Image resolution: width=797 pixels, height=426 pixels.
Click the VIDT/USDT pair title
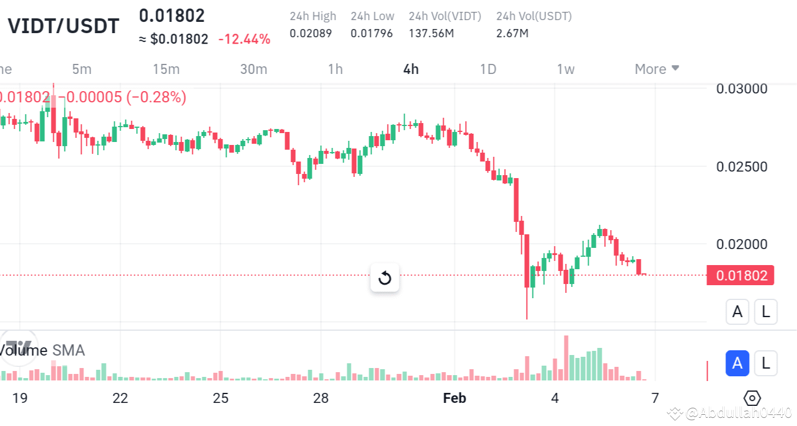pos(63,26)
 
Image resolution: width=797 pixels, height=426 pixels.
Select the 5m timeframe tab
pos(82,69)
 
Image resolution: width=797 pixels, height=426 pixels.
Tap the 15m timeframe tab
pos(166,69)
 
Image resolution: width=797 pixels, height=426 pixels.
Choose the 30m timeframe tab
pos(253,69)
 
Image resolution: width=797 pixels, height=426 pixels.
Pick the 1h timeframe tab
pos(335,69)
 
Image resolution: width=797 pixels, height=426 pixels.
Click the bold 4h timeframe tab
pos(411,69)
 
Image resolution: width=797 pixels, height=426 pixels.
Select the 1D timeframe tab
pos(488,69)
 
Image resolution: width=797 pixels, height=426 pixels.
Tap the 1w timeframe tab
pos(566,69)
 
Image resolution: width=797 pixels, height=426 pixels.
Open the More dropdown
pos(657,69)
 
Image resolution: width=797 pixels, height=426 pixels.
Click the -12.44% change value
pos(244,40)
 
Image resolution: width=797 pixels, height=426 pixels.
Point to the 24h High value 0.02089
pos(311,34)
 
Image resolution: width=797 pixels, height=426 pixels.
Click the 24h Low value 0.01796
pos(372,34)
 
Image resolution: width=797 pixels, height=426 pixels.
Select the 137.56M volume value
pos(431,34)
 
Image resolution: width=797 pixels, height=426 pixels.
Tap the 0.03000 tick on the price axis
pos(741,89)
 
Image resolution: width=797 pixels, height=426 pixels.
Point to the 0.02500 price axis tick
pos(741,167)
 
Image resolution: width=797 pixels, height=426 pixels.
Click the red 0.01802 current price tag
pos(741,275)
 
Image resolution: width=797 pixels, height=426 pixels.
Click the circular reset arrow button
pos(385,277)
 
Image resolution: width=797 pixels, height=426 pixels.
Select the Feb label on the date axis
pos(454,398)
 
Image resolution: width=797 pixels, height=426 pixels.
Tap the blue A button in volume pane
pos(737,363)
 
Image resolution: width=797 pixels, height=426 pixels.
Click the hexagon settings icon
pos(753,398)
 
